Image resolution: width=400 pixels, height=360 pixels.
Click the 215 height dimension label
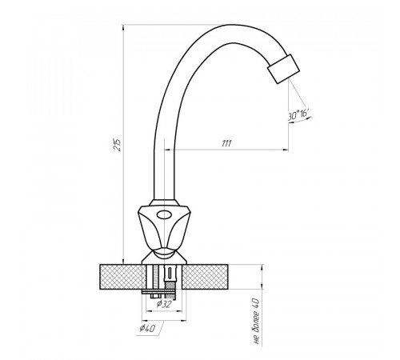click(118, 145)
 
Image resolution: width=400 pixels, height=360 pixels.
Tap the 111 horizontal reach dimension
click(226, 144)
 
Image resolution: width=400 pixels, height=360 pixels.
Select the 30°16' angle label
click(299, 115)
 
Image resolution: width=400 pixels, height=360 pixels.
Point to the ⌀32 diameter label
click(164, 304)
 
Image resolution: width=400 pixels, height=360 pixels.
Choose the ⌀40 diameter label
click(147, 328)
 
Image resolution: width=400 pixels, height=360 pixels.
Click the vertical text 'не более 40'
click(256, 321)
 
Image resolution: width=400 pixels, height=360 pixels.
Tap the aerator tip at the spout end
click(284, 69)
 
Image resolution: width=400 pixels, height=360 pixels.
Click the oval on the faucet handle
click(164, 214)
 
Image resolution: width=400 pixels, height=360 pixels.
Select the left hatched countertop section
click(121, 277)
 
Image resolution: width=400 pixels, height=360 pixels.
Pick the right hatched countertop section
click(205, 277)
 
